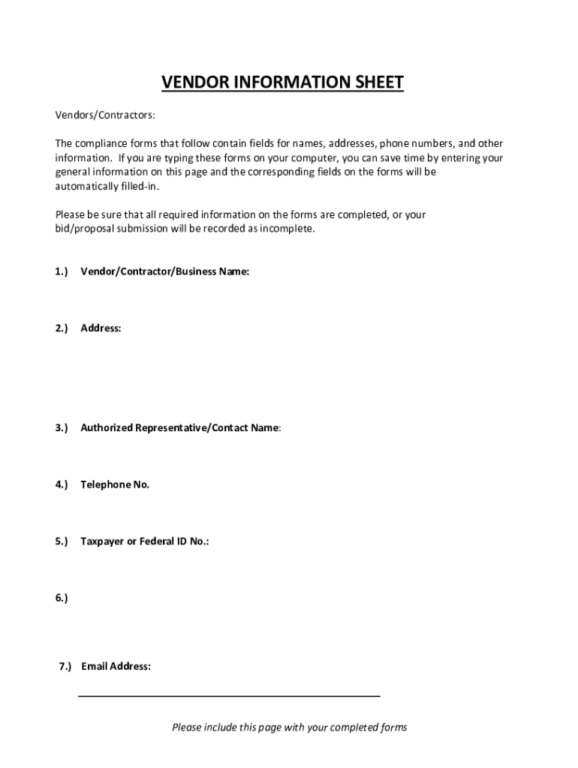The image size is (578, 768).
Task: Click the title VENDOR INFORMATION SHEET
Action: point(282,82)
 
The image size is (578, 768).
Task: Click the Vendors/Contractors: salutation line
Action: point(105,115)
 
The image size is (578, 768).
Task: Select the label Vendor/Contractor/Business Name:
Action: point(164,271)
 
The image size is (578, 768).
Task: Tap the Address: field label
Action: point(101,328)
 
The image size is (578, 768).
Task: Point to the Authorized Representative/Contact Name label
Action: point(180,427)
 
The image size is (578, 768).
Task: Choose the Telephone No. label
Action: point(115,484)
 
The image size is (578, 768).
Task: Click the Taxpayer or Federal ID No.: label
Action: point(144,541)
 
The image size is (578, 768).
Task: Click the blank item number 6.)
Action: point(61,598)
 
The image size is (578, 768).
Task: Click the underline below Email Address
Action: point(229,697)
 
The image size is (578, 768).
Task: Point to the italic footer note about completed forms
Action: point(289,727)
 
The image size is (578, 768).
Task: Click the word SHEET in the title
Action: point(378,82)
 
